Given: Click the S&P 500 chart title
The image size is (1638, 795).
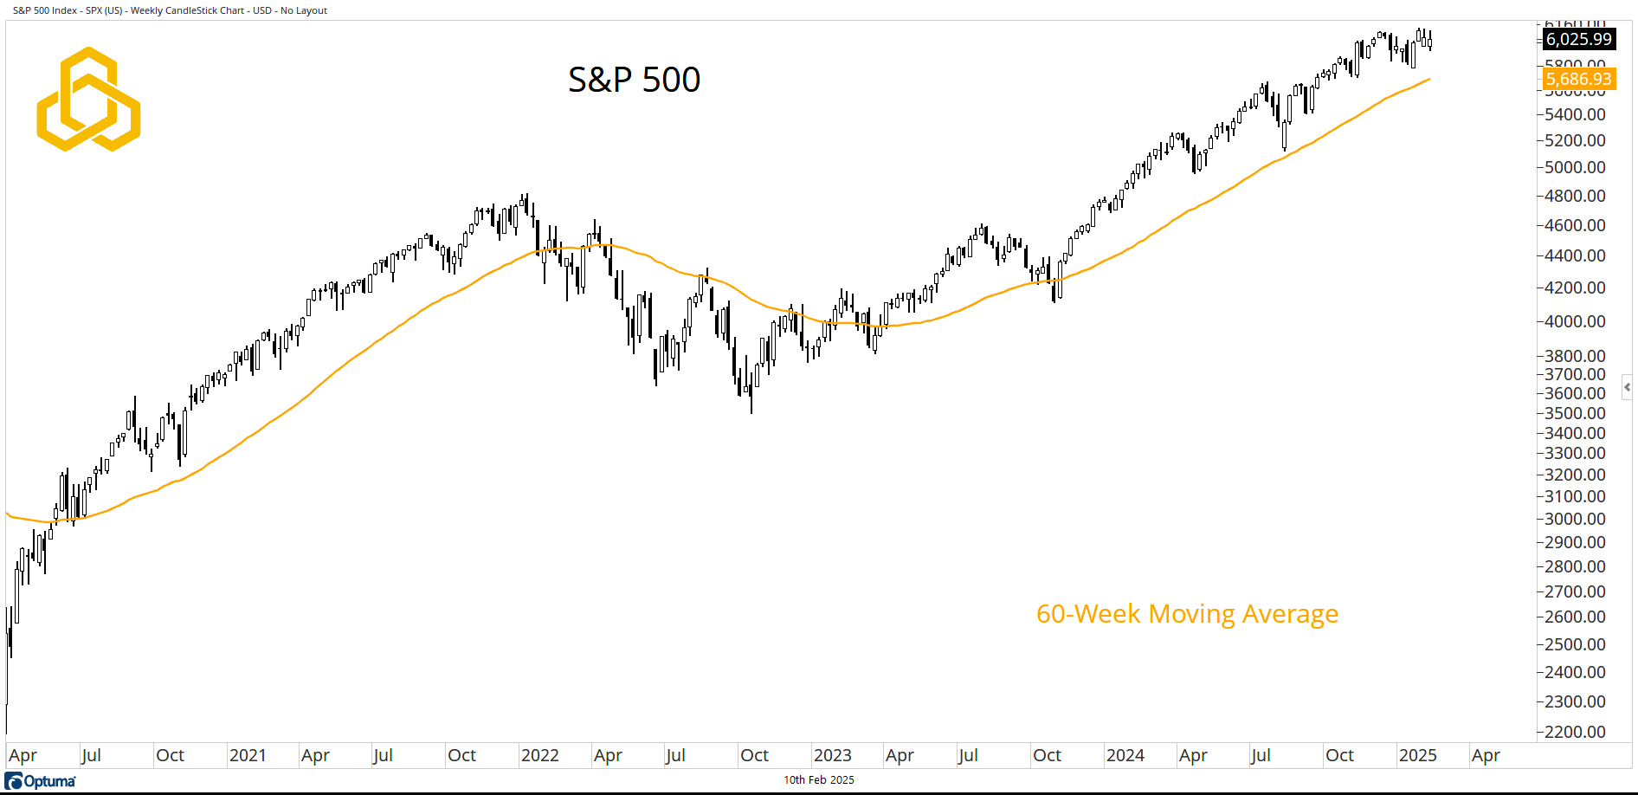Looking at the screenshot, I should click(634, 80).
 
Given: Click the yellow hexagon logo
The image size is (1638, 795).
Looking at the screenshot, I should click(88, 100).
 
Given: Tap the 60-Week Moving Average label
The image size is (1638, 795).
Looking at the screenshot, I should click(1187, 614).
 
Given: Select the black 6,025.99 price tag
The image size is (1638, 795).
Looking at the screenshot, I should click(1578, 39).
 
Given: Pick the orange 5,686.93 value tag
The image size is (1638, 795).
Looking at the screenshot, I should click(1578, 80).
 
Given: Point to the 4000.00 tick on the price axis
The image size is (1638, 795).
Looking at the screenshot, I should click(1575, 321).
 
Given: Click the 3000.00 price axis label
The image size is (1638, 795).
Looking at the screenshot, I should click(1575, 519).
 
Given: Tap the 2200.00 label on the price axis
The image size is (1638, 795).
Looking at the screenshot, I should click(1575, 732).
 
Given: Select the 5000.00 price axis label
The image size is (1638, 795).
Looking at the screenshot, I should click(1575, 167).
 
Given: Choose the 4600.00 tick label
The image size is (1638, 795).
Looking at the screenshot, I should click(1575, 225).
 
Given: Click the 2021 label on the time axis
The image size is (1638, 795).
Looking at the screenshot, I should click(248, 755).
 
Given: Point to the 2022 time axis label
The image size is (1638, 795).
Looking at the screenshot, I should click(539, 755).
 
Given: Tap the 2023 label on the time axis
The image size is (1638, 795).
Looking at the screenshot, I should click(832, 755).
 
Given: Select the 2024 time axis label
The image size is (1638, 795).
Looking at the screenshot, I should click(1125, 755).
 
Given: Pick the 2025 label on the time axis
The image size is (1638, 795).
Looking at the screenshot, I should click(1417, 755).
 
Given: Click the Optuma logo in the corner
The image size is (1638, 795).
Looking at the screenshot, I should click(41, 781).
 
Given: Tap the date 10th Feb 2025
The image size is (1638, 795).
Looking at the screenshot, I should click(818, 780).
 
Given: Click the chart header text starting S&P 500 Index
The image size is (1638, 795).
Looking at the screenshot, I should click(170, 10).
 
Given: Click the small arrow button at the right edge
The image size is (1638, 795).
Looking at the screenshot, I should click(1627, 387).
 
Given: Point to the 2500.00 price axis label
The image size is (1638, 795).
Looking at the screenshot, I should click(1575, 644).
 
